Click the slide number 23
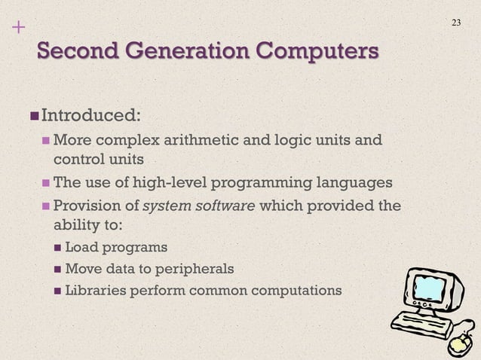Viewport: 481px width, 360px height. coord(455,22)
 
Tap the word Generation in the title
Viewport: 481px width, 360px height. coord(183,53)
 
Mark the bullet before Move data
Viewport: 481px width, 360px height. coord(57,269)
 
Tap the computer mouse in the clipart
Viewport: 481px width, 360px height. coord(459,345)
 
